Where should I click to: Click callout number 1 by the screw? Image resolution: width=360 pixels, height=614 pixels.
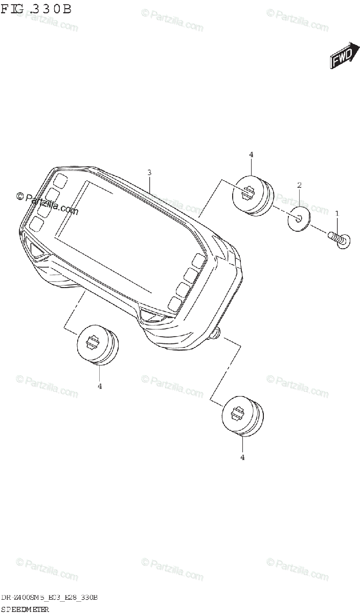pos(336,212)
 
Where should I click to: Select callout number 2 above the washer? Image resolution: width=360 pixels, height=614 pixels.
pos(299,185)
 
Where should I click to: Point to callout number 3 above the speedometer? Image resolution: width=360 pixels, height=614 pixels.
pos(149,173)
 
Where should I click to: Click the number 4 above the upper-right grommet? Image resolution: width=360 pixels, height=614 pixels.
pos(251,154)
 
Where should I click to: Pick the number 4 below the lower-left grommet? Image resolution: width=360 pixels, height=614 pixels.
pos(100,386)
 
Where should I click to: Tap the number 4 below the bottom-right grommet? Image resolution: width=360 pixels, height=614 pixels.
pos(242,457)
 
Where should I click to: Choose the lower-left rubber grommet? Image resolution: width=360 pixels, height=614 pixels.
pos(97,344)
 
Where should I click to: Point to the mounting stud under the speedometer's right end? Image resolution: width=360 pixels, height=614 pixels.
pos(217,334)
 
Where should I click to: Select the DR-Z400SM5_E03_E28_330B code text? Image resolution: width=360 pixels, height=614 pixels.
pos(50,598)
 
